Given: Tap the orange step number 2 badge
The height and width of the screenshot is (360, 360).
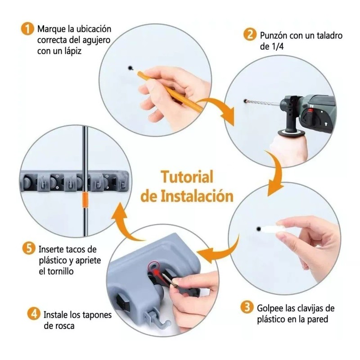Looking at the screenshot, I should (248, 35).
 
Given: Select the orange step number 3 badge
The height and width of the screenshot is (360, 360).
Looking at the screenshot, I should (246, 308).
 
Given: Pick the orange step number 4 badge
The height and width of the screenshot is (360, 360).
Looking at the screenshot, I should (35, 314).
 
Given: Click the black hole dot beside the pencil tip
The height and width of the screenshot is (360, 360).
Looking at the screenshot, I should (130, 68).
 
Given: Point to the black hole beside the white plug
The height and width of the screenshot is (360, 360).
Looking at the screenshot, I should (258, 229).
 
